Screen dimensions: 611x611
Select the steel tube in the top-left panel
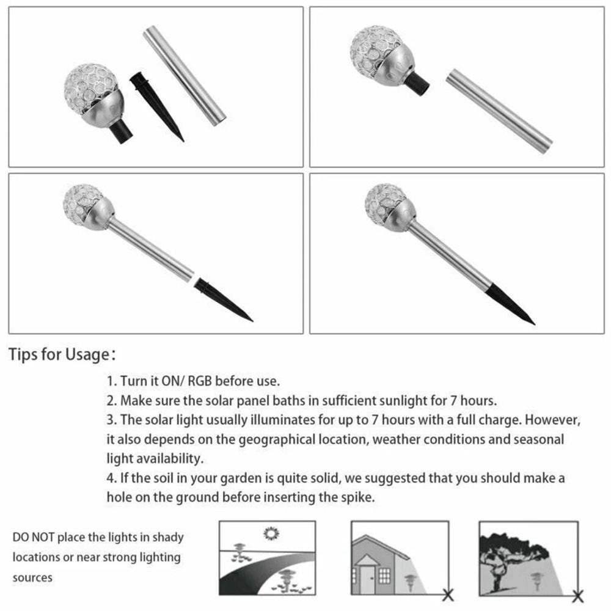pyautogui.click(x=185, y=75)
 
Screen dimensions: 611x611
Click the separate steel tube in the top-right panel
pyautogui.click(x=499, y=111)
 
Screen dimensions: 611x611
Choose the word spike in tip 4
pyautogui.click(x=353, y=497)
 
